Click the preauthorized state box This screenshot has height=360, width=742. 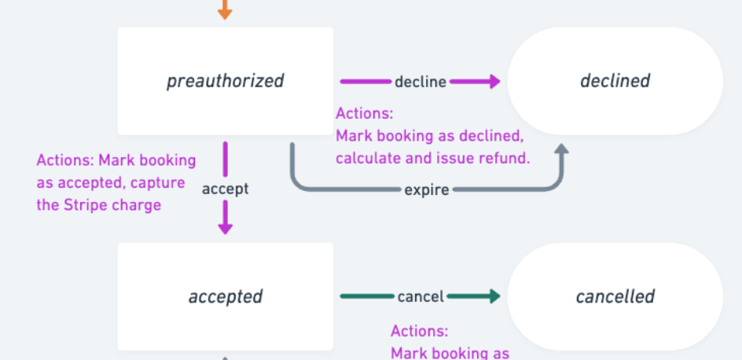tap(225, 81)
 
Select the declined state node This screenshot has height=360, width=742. tap(615, 81)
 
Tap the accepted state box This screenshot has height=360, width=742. tap(225, 296)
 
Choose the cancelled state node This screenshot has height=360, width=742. tap(615, 296)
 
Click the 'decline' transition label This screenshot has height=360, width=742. tap(421, 82)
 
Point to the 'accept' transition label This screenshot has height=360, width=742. tap(225, 189)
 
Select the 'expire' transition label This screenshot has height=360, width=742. tap(426, 189)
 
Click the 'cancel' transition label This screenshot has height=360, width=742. tap(421, 296)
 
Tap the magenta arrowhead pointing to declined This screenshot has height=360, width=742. tap(493, 81)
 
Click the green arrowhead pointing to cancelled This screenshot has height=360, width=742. tap(493, 296)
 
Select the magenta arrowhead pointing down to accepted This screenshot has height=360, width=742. tap(225, 227)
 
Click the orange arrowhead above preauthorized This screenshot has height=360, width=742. tap(225, 13)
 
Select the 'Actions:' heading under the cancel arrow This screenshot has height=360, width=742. tap(420, 331)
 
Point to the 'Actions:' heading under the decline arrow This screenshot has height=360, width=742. tap(364, 114)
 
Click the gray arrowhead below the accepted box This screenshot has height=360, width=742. tap(225, 358)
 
